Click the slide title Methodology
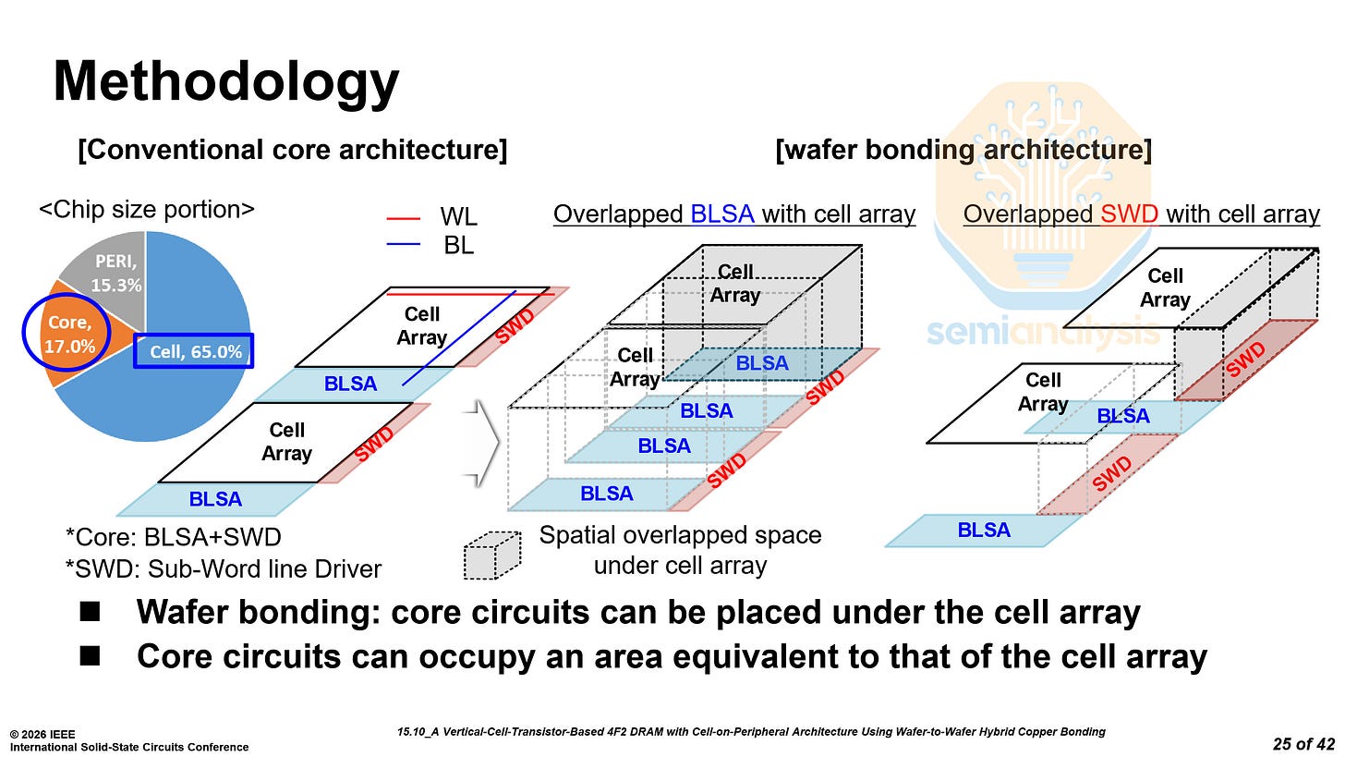pos(226,82)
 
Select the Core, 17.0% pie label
pos(67,334)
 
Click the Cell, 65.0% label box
pos(195,351)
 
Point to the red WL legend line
pos(405,219)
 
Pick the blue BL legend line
pos(405,245)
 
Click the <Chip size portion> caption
pos(146,210)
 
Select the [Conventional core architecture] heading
pos(293,149)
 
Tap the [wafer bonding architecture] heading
pos(964,149)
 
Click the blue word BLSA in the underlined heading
pos(722,214)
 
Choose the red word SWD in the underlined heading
pos(1129,214)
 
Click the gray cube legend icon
pos(489,556)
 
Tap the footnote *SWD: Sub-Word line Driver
pos(223,568)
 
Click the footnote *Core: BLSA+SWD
pos(175,537)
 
